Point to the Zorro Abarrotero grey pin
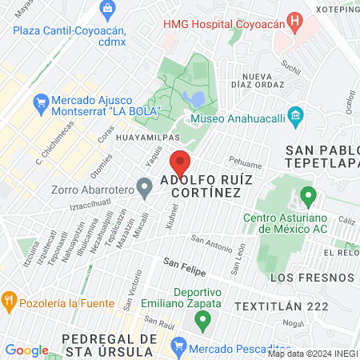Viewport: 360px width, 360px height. [145, 189]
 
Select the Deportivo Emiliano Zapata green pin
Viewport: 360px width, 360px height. [202, 320]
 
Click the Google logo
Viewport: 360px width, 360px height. [26, 350]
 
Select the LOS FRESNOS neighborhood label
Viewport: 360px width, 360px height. [312, 278]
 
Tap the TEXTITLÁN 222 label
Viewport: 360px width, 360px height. [282, 306]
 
